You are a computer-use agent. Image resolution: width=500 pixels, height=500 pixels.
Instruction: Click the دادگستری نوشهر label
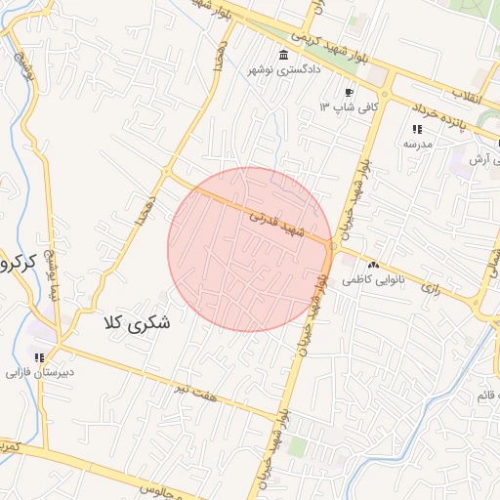point(283,70)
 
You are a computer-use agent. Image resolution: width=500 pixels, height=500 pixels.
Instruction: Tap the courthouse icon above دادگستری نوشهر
point(283,55)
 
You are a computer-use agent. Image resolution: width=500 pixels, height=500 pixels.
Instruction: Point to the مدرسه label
point(417,144)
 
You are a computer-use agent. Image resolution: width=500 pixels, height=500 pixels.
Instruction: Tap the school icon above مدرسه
point(417,129)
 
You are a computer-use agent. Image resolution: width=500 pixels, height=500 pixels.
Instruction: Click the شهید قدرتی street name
point(278,223)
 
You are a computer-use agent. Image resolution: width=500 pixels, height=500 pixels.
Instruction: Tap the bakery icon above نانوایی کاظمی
point(372,265)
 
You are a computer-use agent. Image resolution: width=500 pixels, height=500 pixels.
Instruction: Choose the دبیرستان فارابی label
point(40,373)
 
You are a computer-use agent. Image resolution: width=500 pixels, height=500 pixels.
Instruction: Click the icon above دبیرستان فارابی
point(40,357)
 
